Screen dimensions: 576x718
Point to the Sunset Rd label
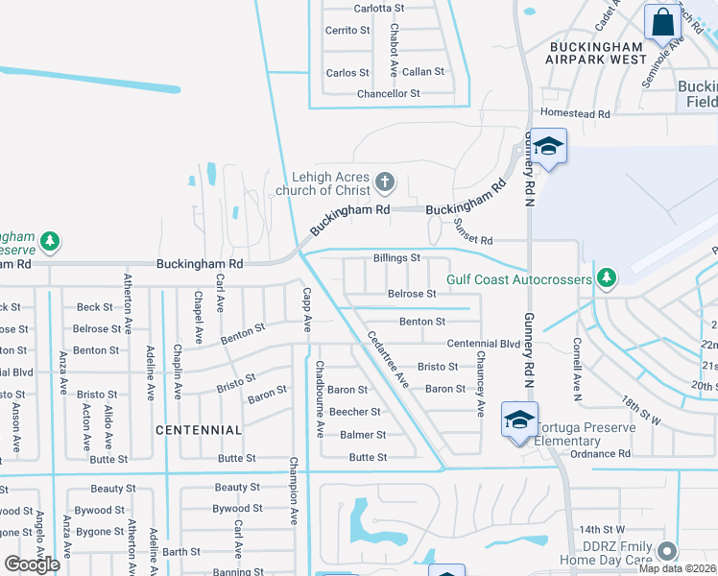[473, 240]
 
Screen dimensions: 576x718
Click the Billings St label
[396, 258]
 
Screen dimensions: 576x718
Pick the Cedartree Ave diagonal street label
[389, 360]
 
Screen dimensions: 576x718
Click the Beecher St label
[355, 412]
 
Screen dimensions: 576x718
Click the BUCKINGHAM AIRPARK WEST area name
[596, 52]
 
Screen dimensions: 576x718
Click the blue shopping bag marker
[662, 20]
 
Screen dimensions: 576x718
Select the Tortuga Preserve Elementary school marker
[519, 420]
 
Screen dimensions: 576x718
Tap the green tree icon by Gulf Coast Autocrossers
[606, 278]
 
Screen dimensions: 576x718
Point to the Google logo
[32, 564]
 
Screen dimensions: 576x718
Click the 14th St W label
[602, 529]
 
